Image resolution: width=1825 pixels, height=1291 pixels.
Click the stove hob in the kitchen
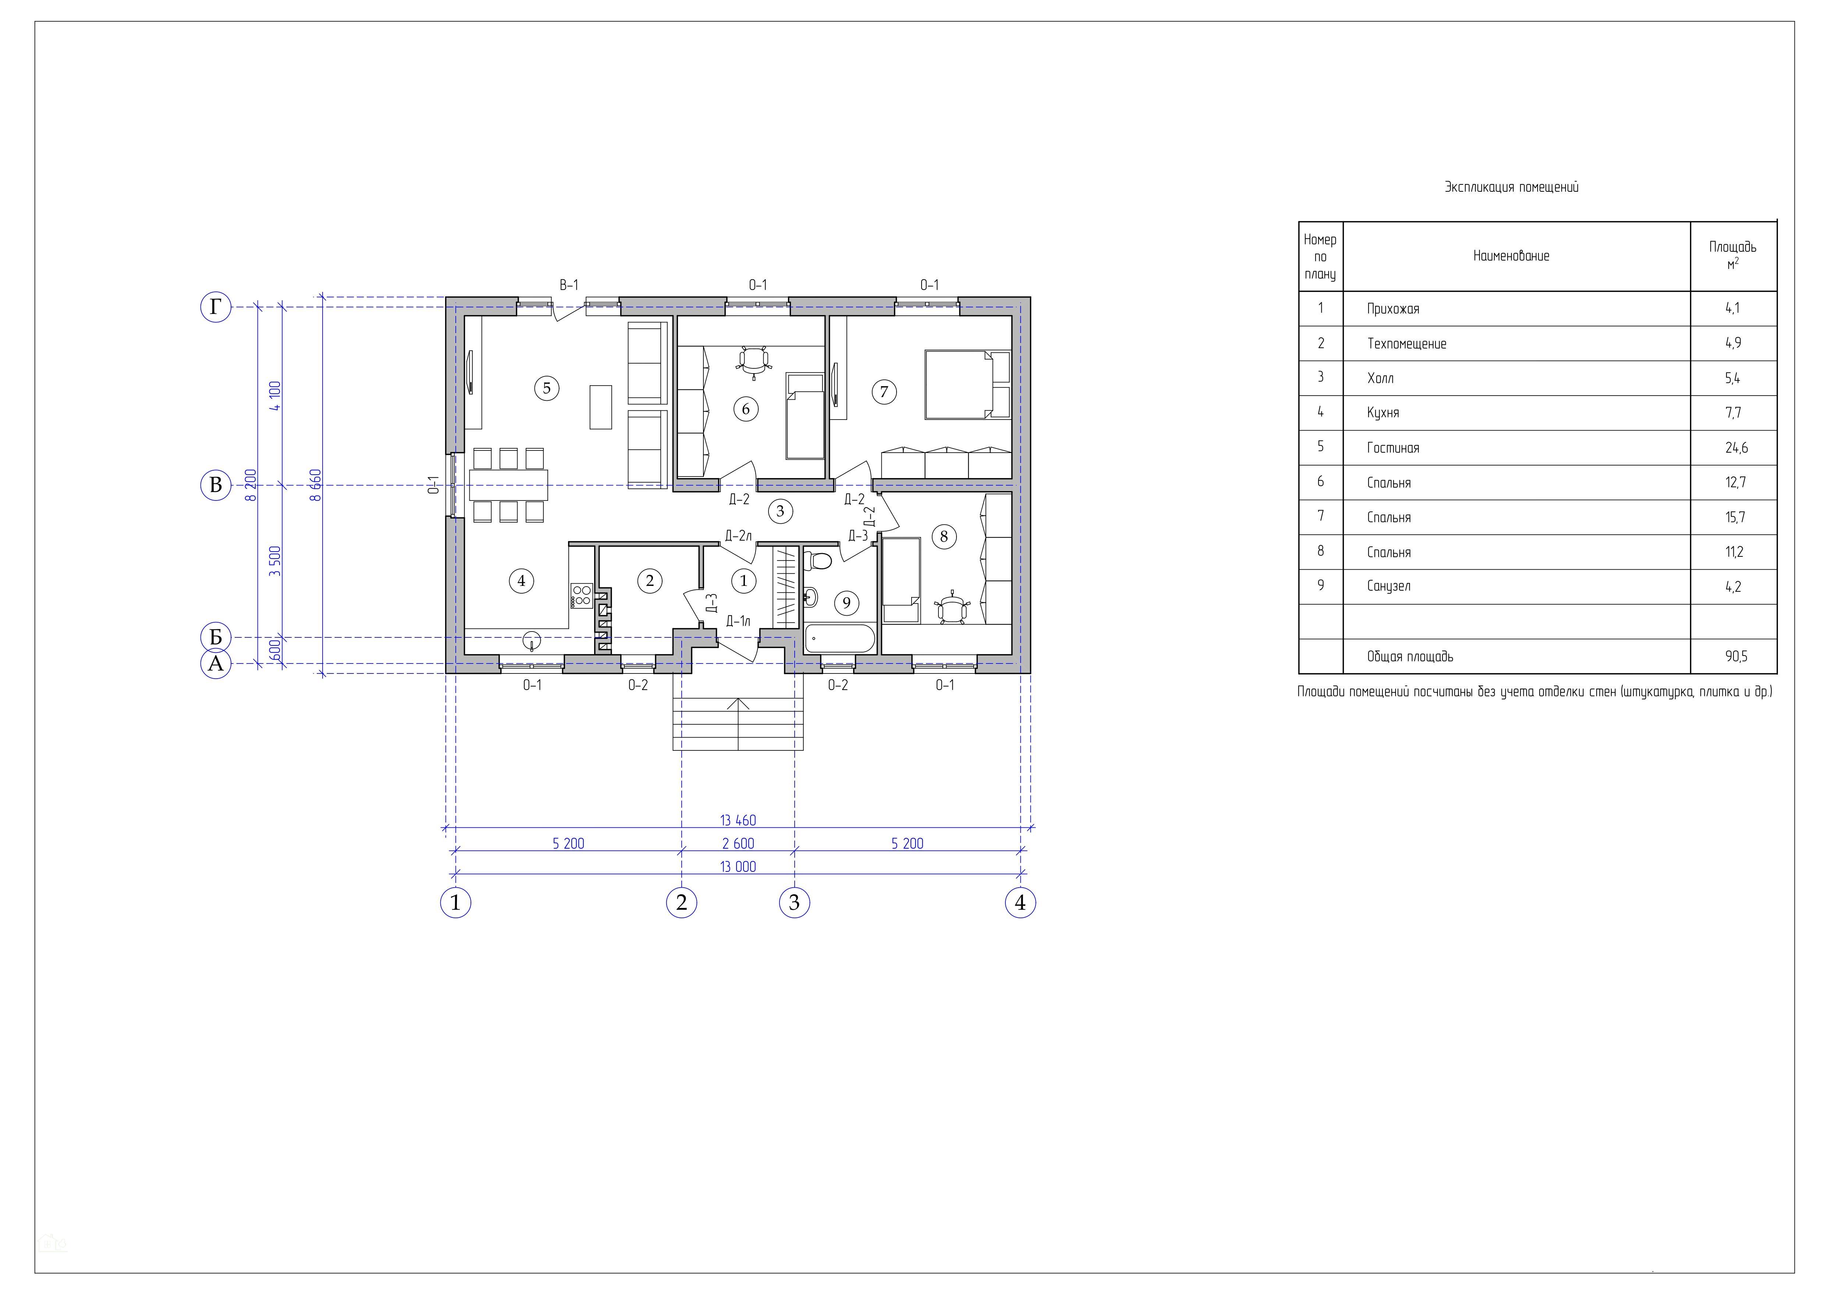click(x=581, y=595)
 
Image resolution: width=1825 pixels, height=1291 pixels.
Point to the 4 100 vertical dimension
click(x=275, y=395)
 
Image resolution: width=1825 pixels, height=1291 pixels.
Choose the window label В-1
click(x=569, y=284)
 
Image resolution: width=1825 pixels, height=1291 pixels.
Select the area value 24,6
click(x=1737, y=448)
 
